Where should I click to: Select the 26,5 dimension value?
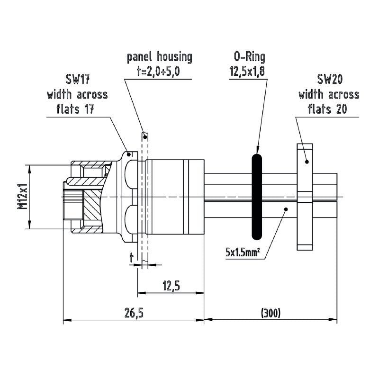click(x=134, y=313)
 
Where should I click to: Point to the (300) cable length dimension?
click(x=271, y=313)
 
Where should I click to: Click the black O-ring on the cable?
click(x=256, y=196)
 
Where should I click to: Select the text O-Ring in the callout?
click(x=249, y=58)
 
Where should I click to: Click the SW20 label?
click(x=329, y=80)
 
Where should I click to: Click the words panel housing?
click(x=160, y=58)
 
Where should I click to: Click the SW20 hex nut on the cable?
click(x=305, y=196)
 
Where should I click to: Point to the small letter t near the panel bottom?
click(x=132, y=257)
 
